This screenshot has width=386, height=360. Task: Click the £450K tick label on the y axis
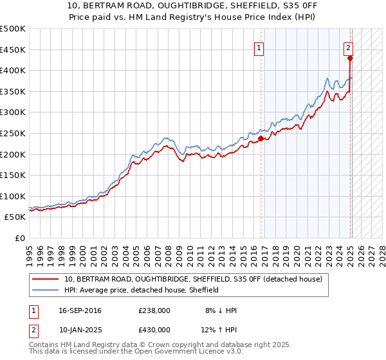click(x=12, y=50)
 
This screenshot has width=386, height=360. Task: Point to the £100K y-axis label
click(x=12, y=196)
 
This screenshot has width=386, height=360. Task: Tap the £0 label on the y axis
click(x=19, y=238)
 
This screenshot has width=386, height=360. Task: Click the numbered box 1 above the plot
click(x=259, y=47)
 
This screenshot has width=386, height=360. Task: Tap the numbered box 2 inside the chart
click(x=348, y=47)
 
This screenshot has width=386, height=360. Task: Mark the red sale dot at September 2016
click(x=261, y=138)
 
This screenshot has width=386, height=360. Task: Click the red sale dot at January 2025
click(x=350, y=58)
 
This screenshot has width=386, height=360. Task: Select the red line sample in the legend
click(x=45, y=279)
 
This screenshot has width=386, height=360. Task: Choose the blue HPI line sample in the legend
click(x=45, y=290)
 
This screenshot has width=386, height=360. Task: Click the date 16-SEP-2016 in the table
click(x=80, y=311)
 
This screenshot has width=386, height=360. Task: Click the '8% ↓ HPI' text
click(x=219, y=311)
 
